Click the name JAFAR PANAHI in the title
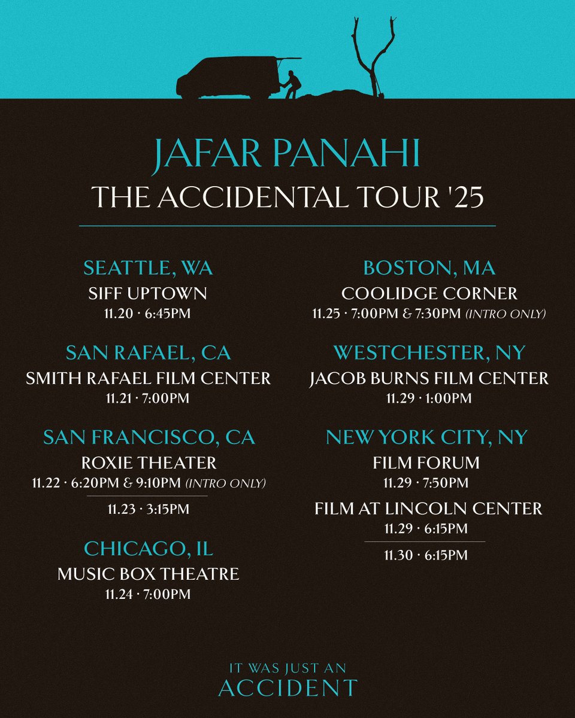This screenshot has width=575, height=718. (x=287, y=154)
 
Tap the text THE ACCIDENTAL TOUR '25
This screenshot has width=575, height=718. (x=287, y=197)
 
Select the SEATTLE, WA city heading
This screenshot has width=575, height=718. (x=148, y=268)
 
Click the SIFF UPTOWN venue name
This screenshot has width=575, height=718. (x=148, y=293)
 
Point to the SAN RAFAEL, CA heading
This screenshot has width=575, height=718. (x=148, y=353)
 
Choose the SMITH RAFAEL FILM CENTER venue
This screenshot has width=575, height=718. (x=148, y=378)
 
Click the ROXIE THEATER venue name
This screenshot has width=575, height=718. (x=149, y=463)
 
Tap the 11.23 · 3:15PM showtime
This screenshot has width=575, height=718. (x=149, y=509)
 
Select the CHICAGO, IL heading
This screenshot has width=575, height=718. (x=149, y=548)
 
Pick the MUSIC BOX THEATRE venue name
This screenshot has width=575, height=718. (x=149, y=574)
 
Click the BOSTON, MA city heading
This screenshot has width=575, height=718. (x=428, y=268)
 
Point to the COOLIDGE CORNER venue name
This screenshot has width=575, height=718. (x=429, y=293)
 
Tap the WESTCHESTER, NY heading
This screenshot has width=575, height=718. (x=429, y=353)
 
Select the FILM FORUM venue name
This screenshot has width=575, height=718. (x=426, y=463)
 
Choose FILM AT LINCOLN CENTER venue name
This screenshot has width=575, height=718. (x=428, y=509)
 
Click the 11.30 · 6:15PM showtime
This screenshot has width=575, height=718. (x=426, y=555)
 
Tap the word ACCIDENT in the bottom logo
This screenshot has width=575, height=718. (x=287, y=688)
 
